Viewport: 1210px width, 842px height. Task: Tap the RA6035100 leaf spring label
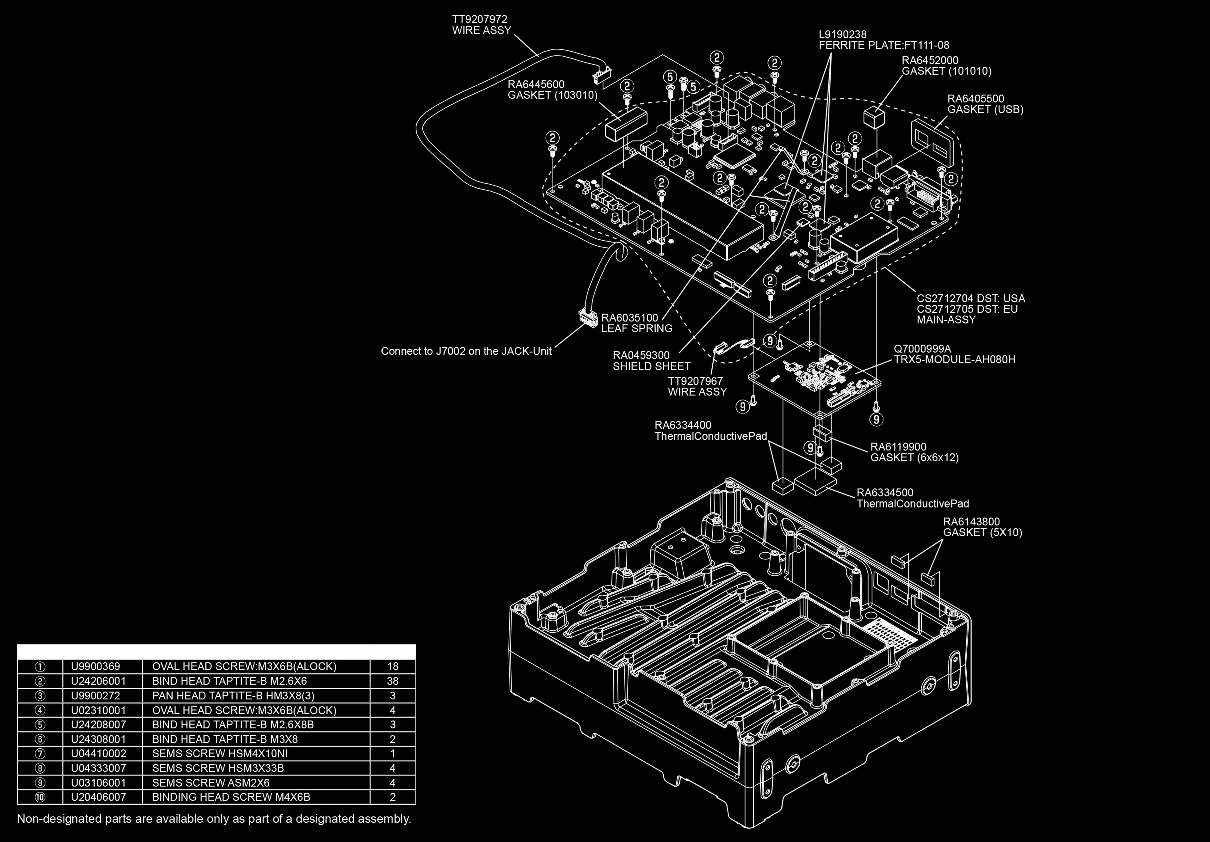(x=637, y=323)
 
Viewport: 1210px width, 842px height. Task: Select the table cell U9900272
(x=95, y=696)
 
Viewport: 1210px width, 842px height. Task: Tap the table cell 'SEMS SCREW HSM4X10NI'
(x=220, y=754)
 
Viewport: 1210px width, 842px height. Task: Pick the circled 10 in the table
(x=40, y=797)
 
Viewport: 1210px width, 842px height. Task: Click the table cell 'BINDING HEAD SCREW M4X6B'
(x=231, y=797)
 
